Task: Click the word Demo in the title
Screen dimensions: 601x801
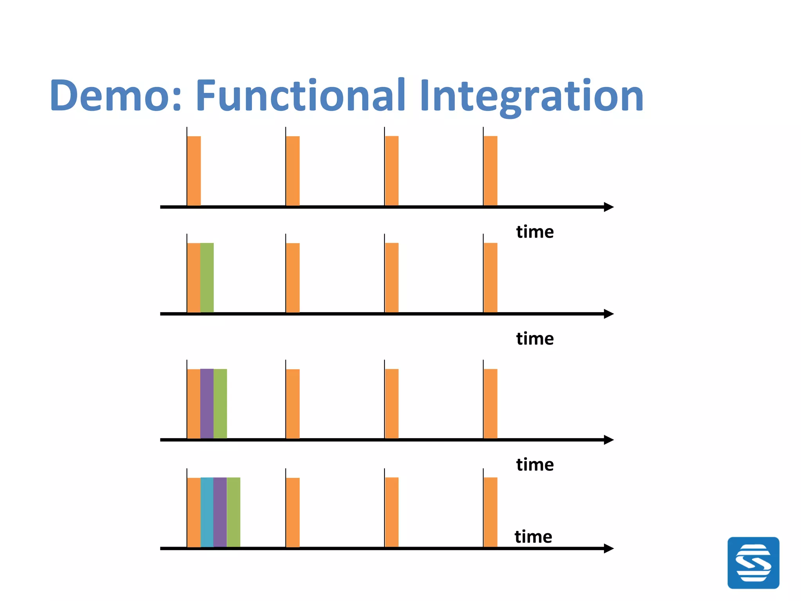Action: coord(116,95)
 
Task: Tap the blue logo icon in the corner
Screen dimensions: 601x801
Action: coord(753,563)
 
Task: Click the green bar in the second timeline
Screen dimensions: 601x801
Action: coord(207,277)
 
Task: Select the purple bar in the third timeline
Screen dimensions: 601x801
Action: coord(207,403)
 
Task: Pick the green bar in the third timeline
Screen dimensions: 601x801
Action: coord(220,403)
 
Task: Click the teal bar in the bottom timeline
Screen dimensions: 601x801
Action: coord(207,512)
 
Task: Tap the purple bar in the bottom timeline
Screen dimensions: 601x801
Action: coord(220,512)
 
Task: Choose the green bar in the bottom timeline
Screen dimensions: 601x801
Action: coord(233,512)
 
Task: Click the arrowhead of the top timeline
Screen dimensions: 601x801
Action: coord(609,207)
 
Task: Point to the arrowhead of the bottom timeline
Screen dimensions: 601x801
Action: coord(609,549)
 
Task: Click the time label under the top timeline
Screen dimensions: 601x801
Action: coord(535,232)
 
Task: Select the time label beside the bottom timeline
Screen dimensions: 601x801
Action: coord(533,536)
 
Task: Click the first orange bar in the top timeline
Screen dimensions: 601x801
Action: coord(194,171)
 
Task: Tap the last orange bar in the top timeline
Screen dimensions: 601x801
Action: coord(490,171)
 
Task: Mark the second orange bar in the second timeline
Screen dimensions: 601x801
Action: coord(293,277)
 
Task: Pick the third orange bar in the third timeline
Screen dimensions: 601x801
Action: coord(392,403)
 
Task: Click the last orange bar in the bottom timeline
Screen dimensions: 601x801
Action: coord(490,512)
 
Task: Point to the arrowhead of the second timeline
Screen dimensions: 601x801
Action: coord(609,314)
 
